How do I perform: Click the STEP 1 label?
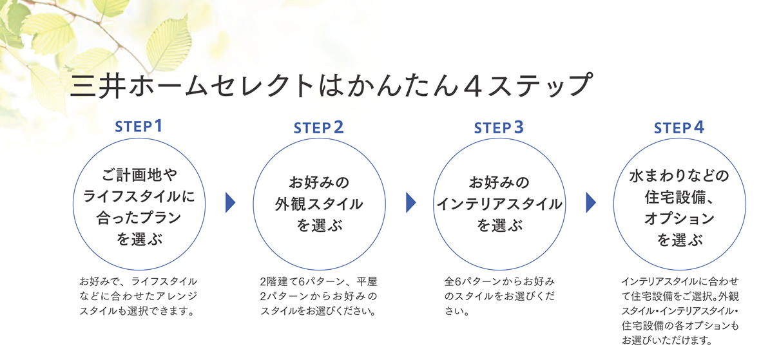pos(139,127)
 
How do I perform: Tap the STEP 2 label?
pos(319,128)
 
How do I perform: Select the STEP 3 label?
pos(499,128)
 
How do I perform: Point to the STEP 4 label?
pos(679,128)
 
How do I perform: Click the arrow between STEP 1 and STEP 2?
pos(230,203)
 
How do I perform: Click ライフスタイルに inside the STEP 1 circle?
pos(139,198)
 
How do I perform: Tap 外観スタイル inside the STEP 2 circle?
pos(319,204)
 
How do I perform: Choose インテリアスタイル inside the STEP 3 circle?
pos(499,204)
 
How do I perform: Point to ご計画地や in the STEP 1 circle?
pos(139,175)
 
